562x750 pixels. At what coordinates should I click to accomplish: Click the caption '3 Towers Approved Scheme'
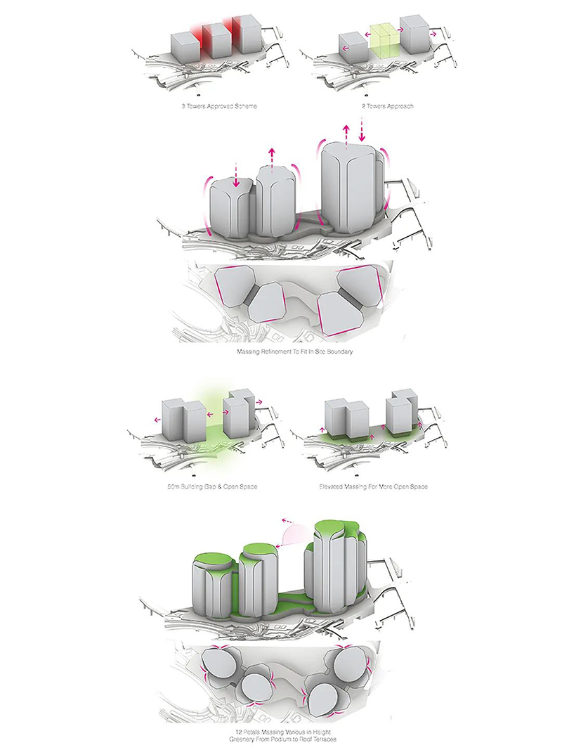pos(219,105)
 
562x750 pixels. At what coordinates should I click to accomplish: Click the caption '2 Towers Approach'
pos(388,105)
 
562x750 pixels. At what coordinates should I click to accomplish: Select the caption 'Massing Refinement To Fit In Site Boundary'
pos(295,351)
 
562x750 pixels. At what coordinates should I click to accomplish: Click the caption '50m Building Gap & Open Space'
pos(212,486)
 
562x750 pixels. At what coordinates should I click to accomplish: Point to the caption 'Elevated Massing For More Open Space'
pos(373,486)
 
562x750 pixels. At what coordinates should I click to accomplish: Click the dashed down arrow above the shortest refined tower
pos(235,176)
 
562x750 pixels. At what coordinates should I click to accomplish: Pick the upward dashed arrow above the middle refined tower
pos(272,159)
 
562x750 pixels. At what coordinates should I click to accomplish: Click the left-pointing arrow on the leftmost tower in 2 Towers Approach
pos(345,48)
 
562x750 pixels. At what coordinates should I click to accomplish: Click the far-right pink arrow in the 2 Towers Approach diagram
pos(433,35)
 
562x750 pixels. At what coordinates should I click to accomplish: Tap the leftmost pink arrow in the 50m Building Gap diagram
pos(157,420)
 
